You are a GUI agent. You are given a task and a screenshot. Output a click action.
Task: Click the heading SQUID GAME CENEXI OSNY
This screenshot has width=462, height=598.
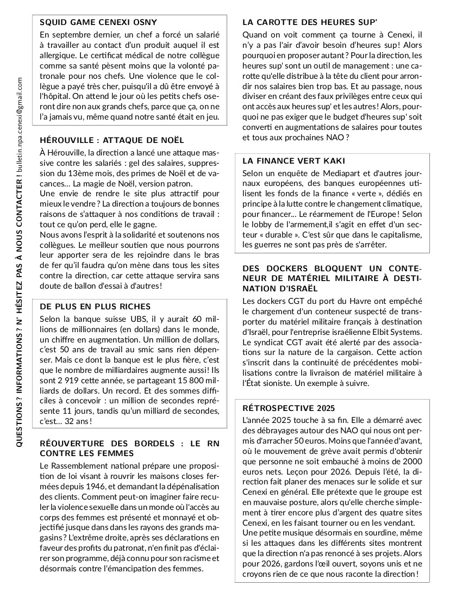point(98,23)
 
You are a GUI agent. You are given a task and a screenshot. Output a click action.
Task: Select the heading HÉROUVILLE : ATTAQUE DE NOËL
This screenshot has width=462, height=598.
point(112,140)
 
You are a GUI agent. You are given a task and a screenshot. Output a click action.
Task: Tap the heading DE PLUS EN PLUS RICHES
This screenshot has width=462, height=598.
point(95,307)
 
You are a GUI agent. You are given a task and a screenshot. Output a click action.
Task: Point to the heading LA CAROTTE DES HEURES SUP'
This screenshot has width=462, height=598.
point(310,23)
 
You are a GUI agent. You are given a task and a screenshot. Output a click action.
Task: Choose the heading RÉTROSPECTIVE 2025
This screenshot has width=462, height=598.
point(289,408)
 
